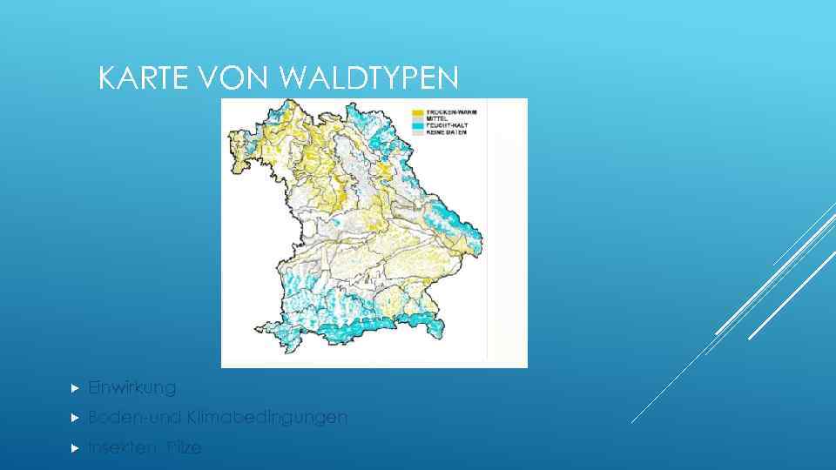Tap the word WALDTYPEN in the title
pos(368,79)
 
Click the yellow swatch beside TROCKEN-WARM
pos(418,112)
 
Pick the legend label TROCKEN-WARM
pos(451,112)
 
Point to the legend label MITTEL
pos(438,119)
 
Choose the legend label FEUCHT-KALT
pos(448,126)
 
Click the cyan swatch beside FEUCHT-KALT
pos(418,126)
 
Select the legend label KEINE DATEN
pos(447,132)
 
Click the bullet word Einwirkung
pos(131,387)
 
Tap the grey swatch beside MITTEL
pos(418,119)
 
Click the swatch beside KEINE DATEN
pos(418,132)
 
